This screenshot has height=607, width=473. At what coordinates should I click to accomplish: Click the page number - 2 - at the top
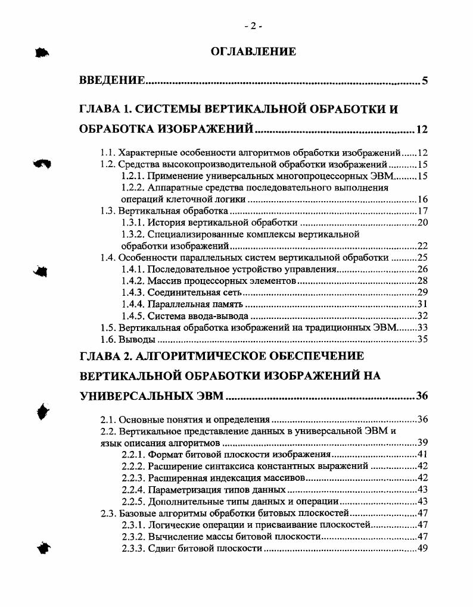pos(253,26)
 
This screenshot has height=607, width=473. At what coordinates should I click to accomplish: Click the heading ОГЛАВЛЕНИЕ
pos(253,52)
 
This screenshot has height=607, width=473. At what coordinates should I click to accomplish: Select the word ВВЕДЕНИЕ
pos(113,81)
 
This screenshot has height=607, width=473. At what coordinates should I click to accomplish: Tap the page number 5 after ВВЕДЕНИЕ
pos(425,81)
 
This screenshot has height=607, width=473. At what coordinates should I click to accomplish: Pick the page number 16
pos(423,199)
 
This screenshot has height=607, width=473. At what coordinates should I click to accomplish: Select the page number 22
pos(423,246)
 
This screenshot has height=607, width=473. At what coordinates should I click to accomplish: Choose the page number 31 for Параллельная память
pos(423,304)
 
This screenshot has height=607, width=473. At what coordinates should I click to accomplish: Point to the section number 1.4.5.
pos(133,315)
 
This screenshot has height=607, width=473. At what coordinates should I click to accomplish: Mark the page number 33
pos(423,327)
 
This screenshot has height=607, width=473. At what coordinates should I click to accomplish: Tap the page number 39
pos(423,443)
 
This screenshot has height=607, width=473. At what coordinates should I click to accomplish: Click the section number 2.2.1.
pos(133,455)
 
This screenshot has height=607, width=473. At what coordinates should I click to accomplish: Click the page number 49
pos(423,548)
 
